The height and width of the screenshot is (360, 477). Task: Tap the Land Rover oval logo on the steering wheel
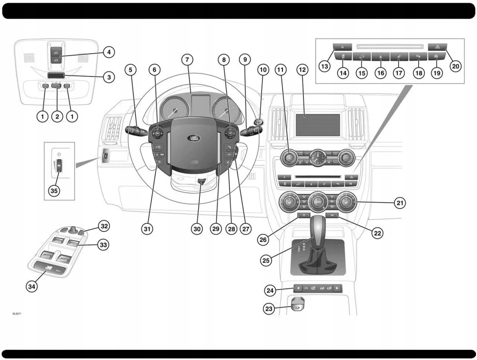click(x=194, y=138)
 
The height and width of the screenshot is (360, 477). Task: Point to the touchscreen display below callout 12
click(x=318, y=125)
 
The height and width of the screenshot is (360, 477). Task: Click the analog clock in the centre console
click(x=318, y=158)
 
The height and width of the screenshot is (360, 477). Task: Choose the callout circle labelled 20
click(x=455, y=65)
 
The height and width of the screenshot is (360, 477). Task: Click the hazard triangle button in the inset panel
click(x=438, y=45)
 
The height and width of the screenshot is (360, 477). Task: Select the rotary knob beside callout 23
click(x=298, y=305)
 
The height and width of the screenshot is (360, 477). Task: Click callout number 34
click(x=32, y=286)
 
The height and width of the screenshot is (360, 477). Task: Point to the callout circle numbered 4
click(x=108, y=52)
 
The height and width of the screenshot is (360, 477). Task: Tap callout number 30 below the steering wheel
click(x=197, y=229)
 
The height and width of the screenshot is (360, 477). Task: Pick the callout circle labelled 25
click(x=266, y=259)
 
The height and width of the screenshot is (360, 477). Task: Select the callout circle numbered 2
click(x=57, y=116)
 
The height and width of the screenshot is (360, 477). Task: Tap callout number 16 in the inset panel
click(x=380, y=73)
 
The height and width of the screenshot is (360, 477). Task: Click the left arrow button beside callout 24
click(x=298, y=289)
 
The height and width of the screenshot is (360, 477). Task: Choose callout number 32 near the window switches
click(x=104, y=225)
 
